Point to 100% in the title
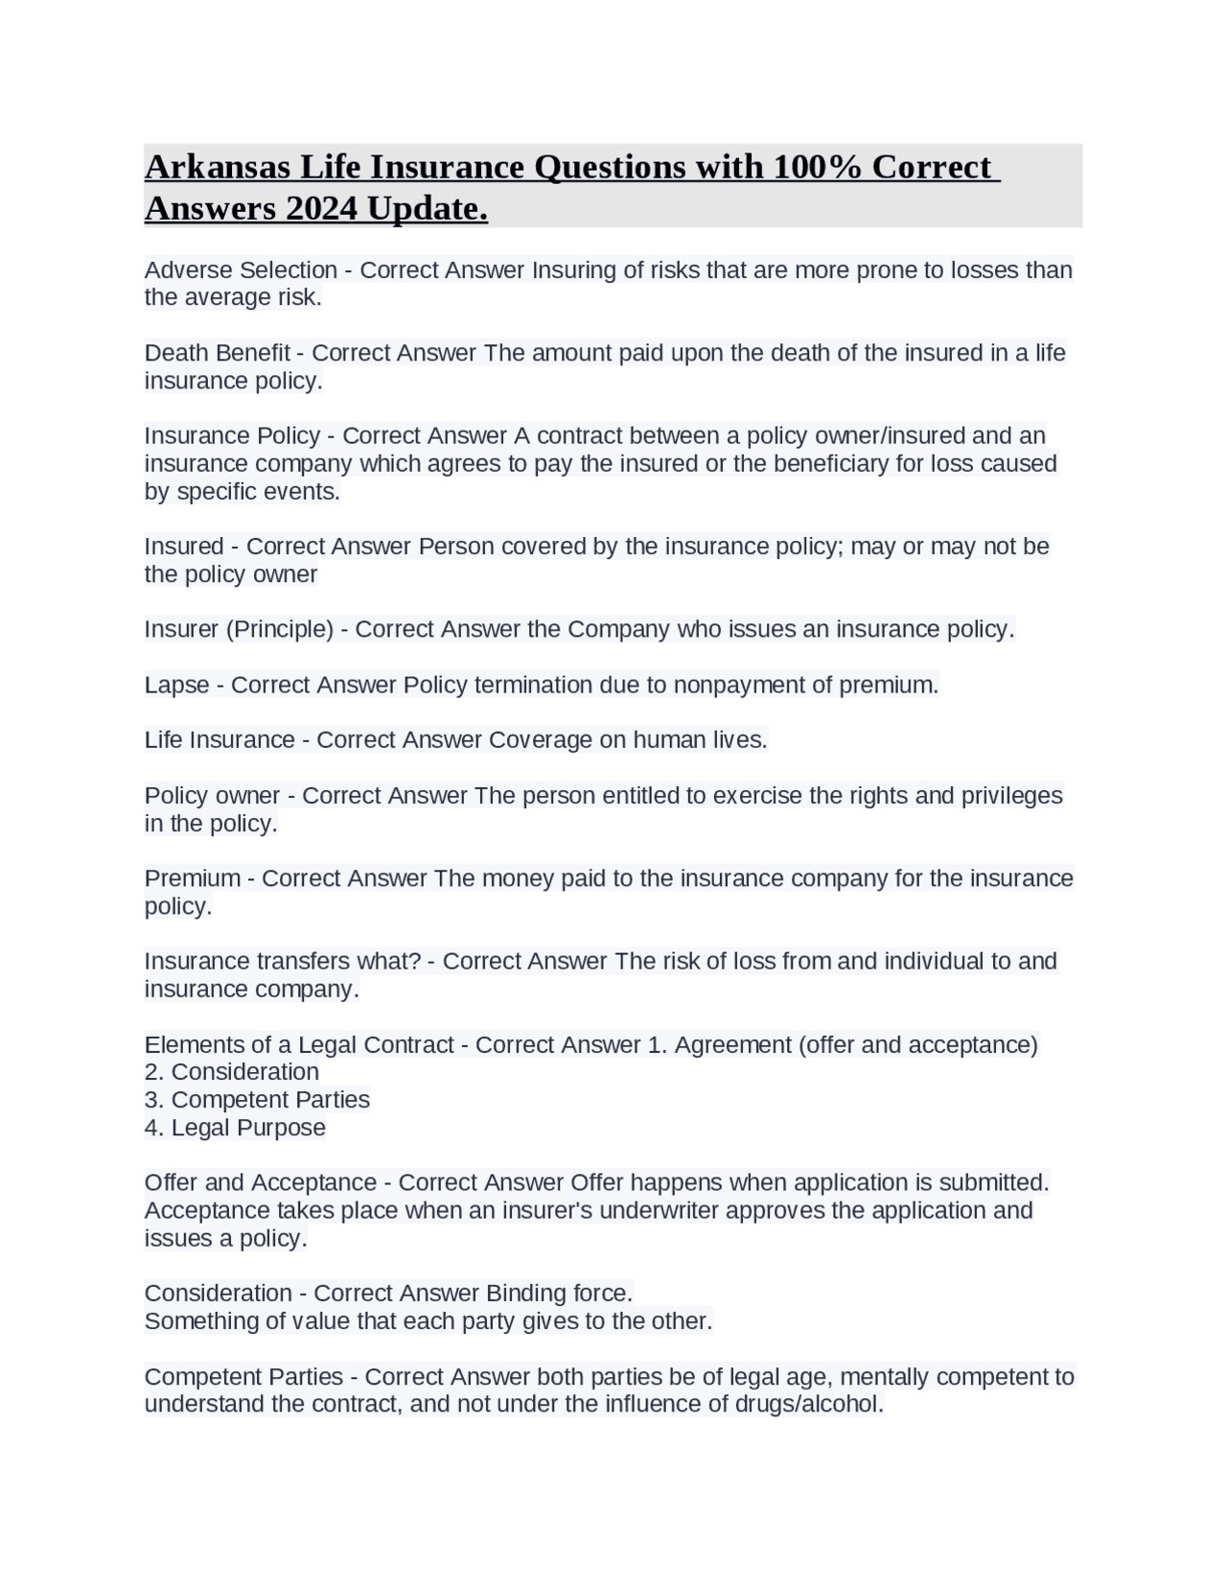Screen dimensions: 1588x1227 click(x=818, y=167)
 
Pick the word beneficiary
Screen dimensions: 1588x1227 click(x=823, y=464)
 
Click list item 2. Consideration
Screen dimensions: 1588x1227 click(x=232, y=1072)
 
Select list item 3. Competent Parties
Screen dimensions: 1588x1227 click(x=257, y=1100)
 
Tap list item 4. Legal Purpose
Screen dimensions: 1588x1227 click(x=235, y=1128)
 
